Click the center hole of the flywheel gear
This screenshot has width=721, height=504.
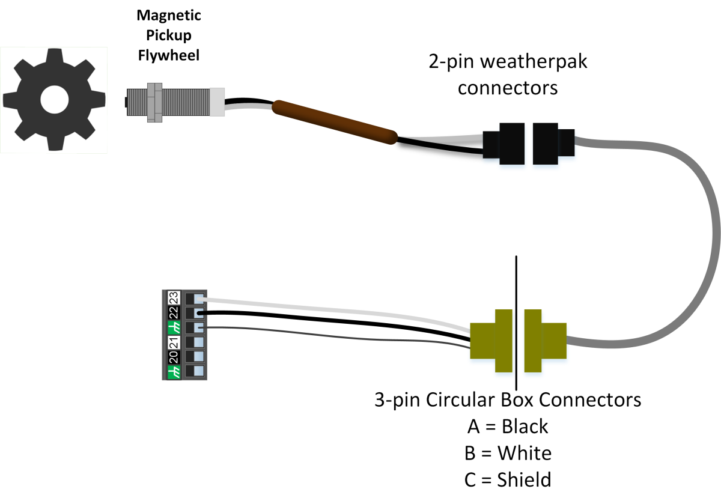[x=55, y=99]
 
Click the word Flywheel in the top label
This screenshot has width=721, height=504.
[x=168, y=56]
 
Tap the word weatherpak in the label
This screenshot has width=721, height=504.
[x=507, y=62]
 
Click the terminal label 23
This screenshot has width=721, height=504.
[x=172, y=298]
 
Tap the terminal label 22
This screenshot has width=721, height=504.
[x=172, y=313]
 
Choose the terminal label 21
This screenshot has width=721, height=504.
[x=172, y=343]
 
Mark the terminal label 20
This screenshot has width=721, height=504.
[x=172, y=357]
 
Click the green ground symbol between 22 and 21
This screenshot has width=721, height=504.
[x=172, y=328]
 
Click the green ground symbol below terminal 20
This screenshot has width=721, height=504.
[x=172, y=372]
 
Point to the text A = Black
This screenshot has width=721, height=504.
[x=508, y=427]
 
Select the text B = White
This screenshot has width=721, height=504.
[x=508, y=453]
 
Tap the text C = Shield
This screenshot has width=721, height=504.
[x=508, y=479]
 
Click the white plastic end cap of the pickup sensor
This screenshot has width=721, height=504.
[x=217, y=102]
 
